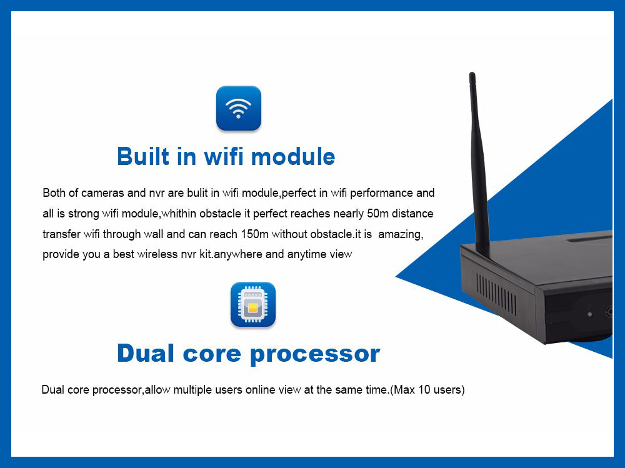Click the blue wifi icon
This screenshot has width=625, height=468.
(238, 108)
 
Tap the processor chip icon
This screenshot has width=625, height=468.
(252, 305)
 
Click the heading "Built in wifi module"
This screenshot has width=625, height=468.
(226, 156)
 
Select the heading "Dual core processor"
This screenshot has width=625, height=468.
(248, 354)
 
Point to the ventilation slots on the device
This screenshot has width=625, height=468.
(497, 294)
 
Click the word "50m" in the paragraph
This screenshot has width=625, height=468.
(377, 214)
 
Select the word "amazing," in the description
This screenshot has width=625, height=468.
(401, 234)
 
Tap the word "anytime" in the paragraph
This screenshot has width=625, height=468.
(308, 254)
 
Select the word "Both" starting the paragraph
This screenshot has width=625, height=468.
(54, 193)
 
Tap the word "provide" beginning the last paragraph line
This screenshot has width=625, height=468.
(61, 254)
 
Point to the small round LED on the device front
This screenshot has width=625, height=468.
(589, 314)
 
